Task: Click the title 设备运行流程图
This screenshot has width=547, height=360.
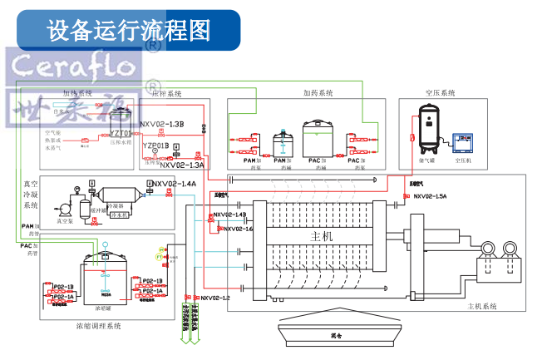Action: point(129,31)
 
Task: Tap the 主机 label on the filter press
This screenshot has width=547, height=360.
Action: point(321,236)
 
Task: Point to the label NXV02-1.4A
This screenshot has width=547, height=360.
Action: point(174,184)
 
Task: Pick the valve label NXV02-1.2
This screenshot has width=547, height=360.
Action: point(214,297)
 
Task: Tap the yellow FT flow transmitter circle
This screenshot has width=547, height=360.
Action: point(160,249)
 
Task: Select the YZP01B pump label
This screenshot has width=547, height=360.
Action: point(155,146)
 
